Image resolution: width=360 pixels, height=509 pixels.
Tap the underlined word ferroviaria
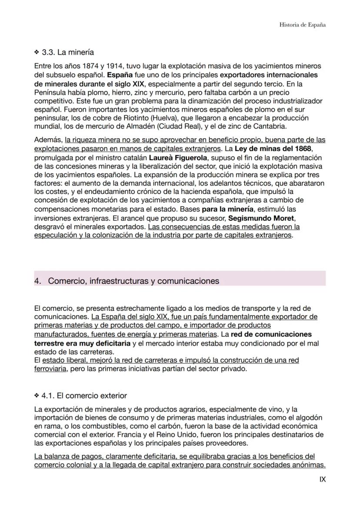pyautogui.click(x=50, y=369)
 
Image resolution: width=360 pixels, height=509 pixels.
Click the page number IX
pyautogui.click(x=322, y=479)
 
